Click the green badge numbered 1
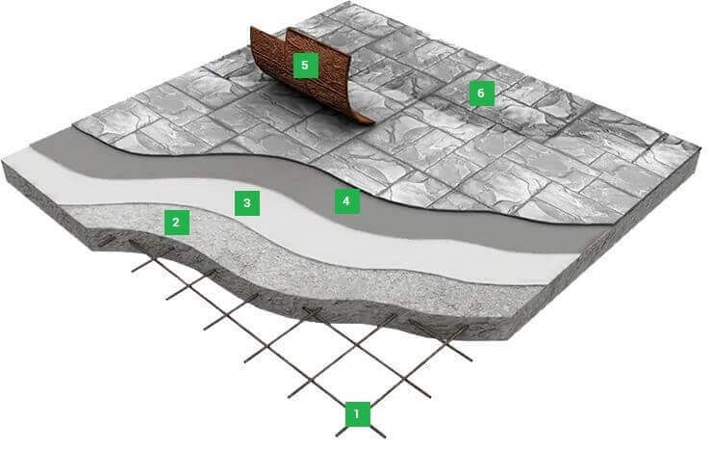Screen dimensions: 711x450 pyautogui.click(x=357, y=414)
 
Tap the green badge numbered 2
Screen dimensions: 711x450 pyautogui.click(x=176, y=223)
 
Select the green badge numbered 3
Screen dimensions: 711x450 pyautogui.click(x=247, y=202)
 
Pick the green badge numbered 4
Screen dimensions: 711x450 pyautogui.click(x=347, y=200)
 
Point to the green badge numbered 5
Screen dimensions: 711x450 pyautogui.click(x=305, y=66)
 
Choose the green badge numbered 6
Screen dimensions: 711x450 pyautogui.click(x=482, y=93)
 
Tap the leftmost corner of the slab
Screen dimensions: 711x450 pyautogui.click(x=3, y=160)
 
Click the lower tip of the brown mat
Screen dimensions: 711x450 pyautogui.click(x=369, y=121)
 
